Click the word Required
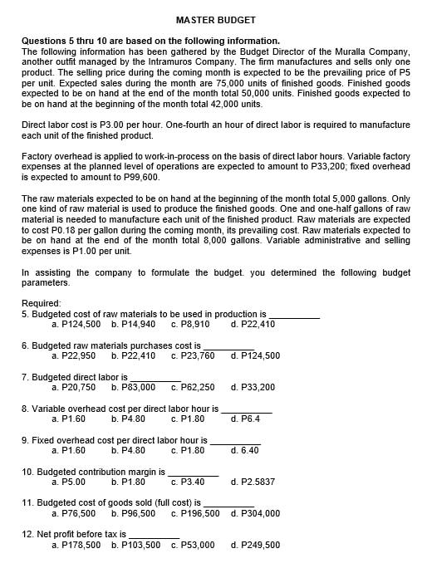42,303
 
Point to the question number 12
27,534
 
